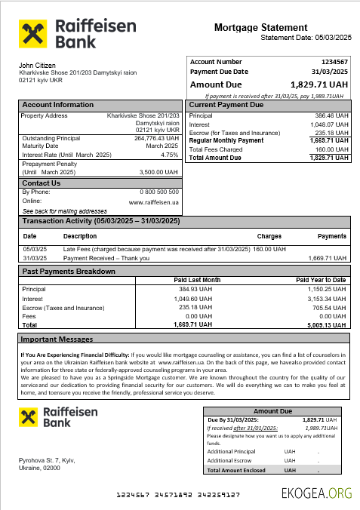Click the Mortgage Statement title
coord(260,28)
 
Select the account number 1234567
coord(334,62)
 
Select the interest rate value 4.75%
coord(170,154)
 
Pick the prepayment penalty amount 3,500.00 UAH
coord(159,172)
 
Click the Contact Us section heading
coord(42,183)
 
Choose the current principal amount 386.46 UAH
coord(331,115)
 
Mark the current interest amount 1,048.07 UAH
coord(329,124)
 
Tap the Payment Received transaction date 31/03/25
coord(35,257)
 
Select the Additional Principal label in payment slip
coord(231,451)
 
